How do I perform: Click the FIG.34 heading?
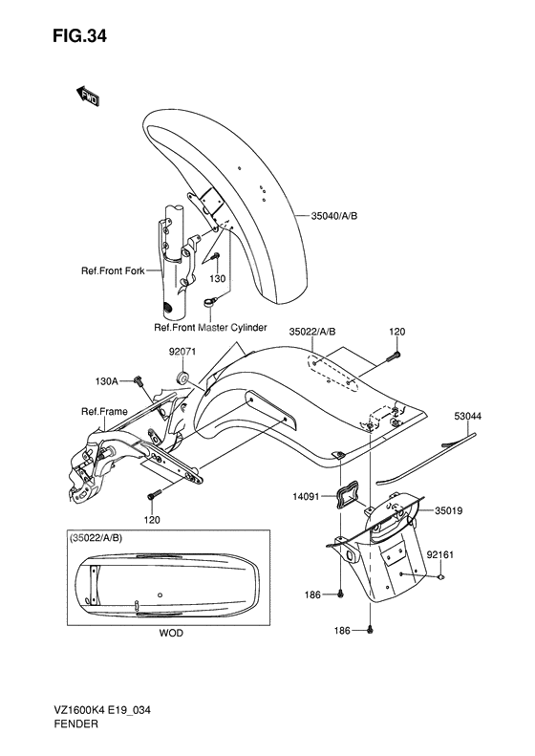click(x=80, y=35)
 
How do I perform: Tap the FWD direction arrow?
click(x=88, y=97)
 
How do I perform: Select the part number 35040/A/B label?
click(x=334, y=216)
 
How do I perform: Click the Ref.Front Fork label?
click(x=113, y=271)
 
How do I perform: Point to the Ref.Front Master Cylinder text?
click(x=210, y=328)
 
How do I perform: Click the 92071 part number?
click(x=182, y=352)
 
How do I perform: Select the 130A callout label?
click(x=106, y=381)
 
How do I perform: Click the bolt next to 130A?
click(x=139, y=381)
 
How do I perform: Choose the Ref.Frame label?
click(x=104, y=411)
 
